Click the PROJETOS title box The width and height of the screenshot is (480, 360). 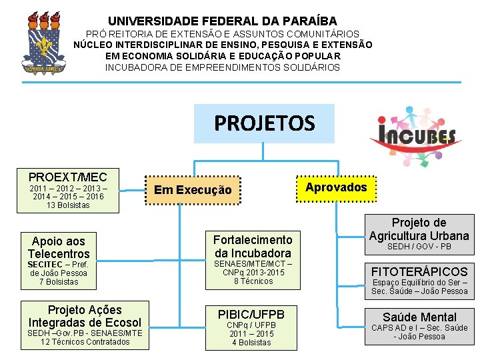coord(264,123)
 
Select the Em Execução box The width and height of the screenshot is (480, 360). coord(193,190)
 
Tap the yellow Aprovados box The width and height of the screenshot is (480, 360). coord(336,187)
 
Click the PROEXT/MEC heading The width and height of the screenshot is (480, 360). coord(68,177)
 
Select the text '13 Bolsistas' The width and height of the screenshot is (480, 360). coord(68,205)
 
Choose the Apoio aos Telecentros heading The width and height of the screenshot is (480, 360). coord(59,247)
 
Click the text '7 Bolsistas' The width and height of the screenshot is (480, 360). coord(59,282)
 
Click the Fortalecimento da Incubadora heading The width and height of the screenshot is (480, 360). coord(253,246)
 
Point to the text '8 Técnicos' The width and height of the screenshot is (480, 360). coord(253,281)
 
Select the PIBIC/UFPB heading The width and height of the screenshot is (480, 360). coord(251,314)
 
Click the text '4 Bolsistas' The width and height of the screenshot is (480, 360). coord(251,343)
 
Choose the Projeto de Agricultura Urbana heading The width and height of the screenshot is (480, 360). coord(419,229)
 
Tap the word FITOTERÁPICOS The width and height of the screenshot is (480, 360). coord(419,272)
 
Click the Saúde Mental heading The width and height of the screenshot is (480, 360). coord(419,317)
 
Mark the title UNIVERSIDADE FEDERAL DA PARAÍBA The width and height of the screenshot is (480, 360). coord(223,21)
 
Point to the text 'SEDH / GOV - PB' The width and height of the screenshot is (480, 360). coord(419,247)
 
